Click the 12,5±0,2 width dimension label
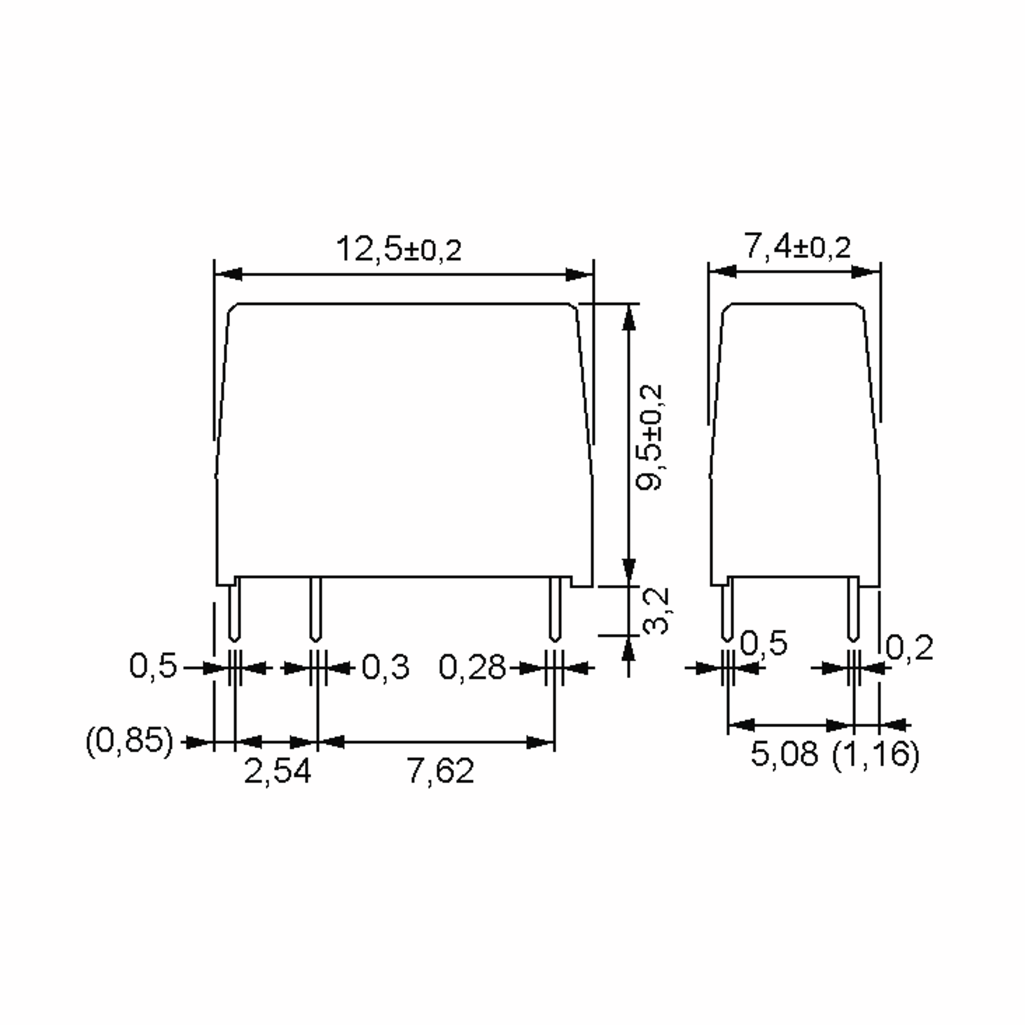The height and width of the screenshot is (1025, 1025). point(399,249)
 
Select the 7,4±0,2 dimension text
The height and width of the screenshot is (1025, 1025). point(797,247)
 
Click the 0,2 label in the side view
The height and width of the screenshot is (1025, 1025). point(909,648)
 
